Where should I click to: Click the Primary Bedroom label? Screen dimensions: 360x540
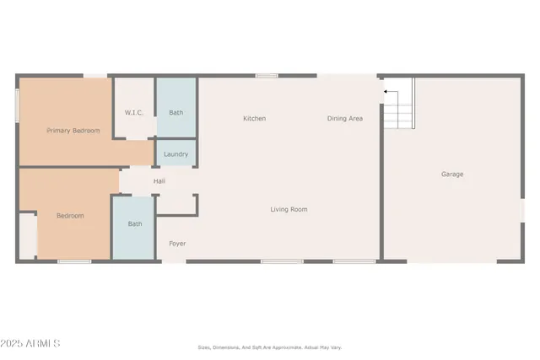click(73, 131)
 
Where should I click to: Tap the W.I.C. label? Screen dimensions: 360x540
click(134, 112)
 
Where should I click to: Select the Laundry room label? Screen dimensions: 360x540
click(175, 154)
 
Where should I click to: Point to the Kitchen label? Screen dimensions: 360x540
click(254, 119)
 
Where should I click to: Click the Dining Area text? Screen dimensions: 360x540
click(344, 119)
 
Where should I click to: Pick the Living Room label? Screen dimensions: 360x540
click(289, 209)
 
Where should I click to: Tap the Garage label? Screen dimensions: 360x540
click(452, 175)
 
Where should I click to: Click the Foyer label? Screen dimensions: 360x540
click(177, 244)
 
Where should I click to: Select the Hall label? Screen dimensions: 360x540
click(159, 181)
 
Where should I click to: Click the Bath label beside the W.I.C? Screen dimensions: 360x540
click(175, 112)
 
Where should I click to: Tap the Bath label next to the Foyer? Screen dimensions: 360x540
click(134, 224)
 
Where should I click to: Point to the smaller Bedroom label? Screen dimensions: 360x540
click(70, 216)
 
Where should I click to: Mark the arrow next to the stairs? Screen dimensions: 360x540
click(386, 91)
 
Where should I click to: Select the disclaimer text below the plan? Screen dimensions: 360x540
click(269, 347)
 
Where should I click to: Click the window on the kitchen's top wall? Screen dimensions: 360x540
click(267, 76)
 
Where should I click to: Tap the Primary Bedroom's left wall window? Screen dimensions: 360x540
click(18, 106)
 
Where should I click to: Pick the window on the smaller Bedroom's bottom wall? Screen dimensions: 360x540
click(74, 261)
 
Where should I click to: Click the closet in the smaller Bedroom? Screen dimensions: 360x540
click(28, 235)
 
